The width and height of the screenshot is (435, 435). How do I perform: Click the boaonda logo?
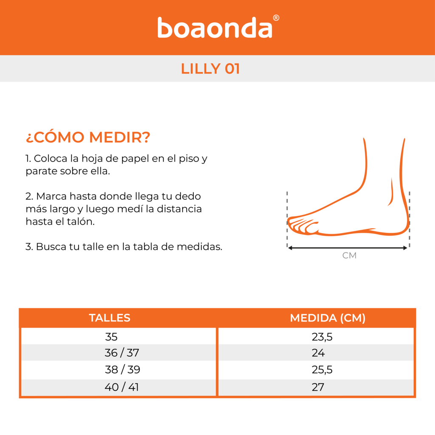coord(215,27)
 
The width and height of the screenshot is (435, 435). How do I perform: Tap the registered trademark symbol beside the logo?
coord(276,18)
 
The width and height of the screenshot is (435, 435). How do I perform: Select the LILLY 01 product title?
coord(210,68)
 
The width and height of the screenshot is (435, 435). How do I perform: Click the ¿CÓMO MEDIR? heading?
coord(88,137)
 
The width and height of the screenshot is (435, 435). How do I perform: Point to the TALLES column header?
coord(110,318)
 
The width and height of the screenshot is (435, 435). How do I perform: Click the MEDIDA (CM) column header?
coord(328,318)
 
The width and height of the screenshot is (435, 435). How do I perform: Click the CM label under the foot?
coord(349,255)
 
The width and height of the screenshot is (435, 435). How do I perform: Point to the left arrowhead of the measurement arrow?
coord(290,248)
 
